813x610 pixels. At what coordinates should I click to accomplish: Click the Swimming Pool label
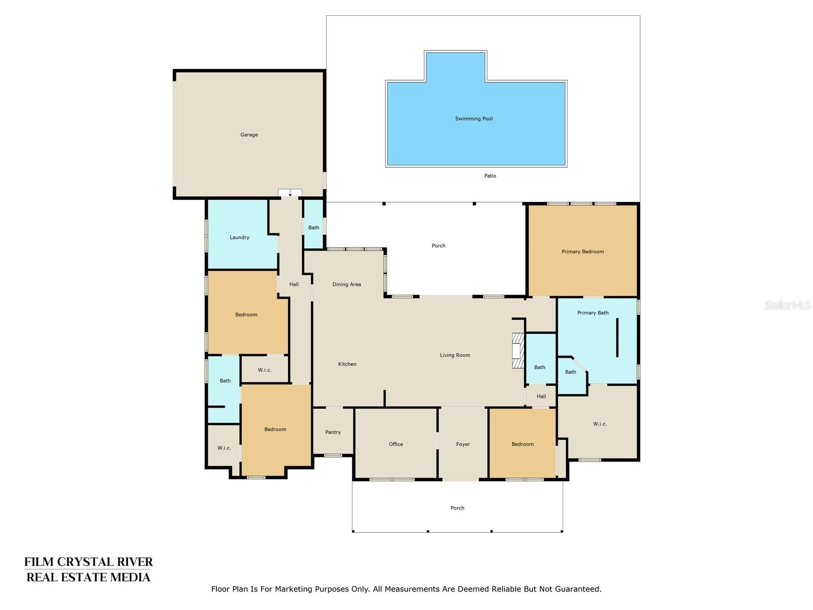(x=474, y=118)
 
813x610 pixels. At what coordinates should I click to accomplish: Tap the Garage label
(x=249, y=135)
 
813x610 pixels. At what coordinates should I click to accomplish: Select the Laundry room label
(x=239, y=237)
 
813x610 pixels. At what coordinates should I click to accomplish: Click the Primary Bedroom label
(x=582, y=252)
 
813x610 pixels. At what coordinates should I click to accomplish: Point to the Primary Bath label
(x=592, y=313)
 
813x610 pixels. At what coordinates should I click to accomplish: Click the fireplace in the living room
(x=517, y=350)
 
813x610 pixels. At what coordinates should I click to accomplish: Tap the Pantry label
(x=333, y=432)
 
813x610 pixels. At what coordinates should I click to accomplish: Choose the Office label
(x=396, y=444)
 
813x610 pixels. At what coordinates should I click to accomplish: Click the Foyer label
(x=463, y=444)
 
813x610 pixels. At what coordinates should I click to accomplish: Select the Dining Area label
(x=347, y=284)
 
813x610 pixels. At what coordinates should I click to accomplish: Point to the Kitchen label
(x=347, y=364)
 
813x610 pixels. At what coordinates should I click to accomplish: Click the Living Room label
(x=455, y=355)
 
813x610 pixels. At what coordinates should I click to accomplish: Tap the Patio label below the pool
(x=490, y=176)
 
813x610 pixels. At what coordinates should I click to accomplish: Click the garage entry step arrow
(x=290, y=193)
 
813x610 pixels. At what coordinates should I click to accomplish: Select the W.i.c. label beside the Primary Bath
(x=600, y=424)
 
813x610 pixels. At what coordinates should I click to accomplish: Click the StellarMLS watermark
(x=787, y=306)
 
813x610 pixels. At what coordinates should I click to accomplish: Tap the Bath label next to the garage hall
(x=314, y=228)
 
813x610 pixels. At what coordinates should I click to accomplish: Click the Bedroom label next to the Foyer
(x=522, y=444)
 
